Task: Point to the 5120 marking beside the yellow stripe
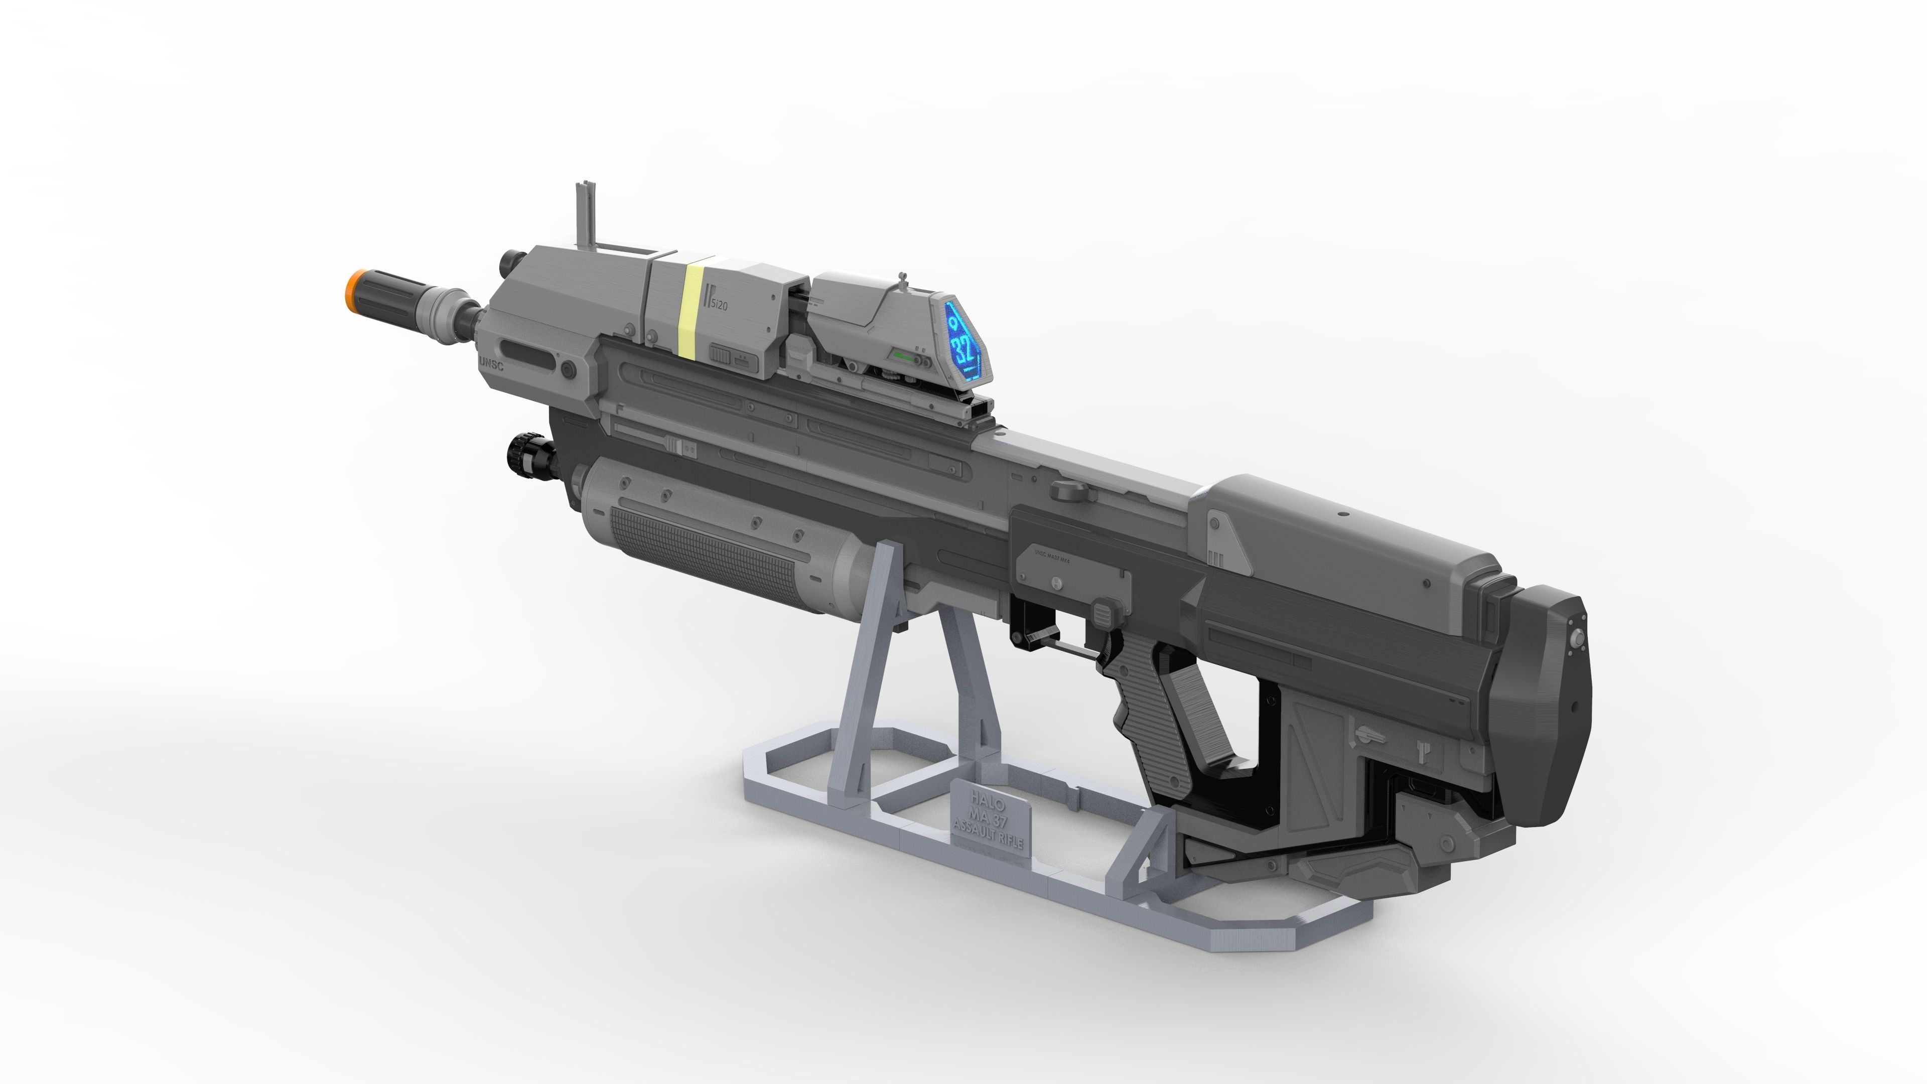[719, 305]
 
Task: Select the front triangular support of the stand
[875, 673]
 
